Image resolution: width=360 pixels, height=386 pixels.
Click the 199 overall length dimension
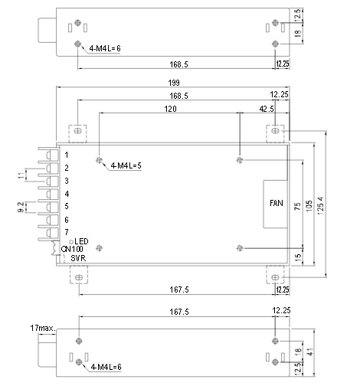[x=174, y=83]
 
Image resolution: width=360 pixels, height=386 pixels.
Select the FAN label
[x=277, y=203]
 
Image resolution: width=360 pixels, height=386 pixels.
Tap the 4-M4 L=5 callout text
[x=126, y=165]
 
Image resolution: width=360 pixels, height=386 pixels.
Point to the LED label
[x=81, y=241]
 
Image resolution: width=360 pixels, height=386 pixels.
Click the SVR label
[x=78, y=258]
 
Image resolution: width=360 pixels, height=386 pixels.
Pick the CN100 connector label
[x=72, y=249]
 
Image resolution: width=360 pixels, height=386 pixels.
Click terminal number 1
[x=67, y=155]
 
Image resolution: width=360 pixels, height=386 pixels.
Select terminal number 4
[x=67, y=194]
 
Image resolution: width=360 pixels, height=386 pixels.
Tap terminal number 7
[x=67, y=232]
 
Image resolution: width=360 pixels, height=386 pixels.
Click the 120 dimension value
[x=170, y=109]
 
